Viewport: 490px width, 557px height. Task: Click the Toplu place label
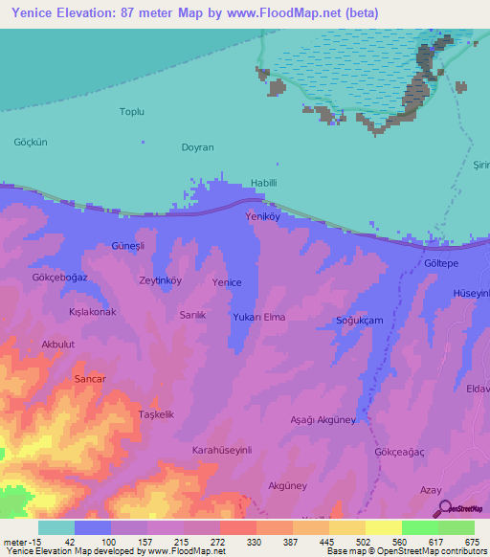(x=131, y=112)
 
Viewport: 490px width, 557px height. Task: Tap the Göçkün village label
(x=30, y=142)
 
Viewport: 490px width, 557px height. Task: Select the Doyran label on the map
(x=197, y=147)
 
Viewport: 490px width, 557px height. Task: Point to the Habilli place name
(x=263, y=182)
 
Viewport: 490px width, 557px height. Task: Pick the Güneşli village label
(x=128, y=246)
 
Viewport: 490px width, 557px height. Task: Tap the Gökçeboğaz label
(x=60, y=277)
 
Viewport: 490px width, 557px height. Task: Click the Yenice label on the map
(x=227, y=282)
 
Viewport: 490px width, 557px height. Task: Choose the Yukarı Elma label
(x=259, y=317)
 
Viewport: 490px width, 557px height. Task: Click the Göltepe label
(x=441, y=262)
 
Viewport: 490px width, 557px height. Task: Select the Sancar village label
(x=89, y=379)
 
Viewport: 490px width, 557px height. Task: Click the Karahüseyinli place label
(x=221, y=449)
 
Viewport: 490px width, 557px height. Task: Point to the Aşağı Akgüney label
(x=323, y=420)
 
